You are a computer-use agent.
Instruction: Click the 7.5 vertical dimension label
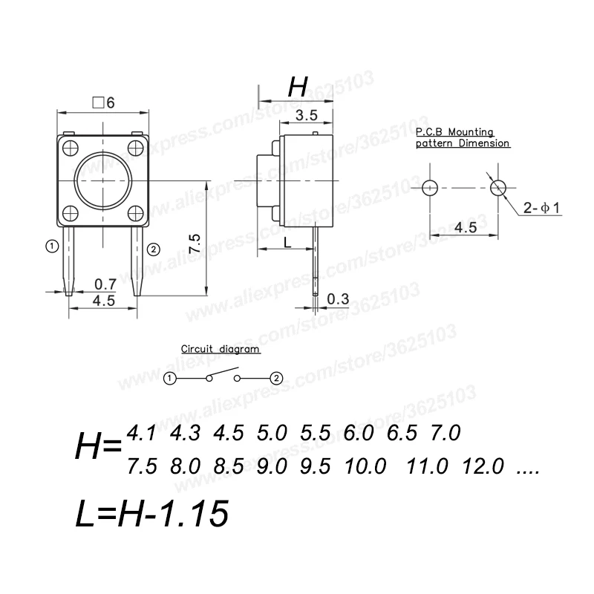coord(195,244)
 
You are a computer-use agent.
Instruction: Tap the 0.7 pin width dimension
coord(105,284)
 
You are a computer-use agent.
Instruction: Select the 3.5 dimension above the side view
coord(307,115)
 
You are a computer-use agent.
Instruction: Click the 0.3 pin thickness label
coord(338,299)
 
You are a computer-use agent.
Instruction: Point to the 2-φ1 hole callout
coord(541,208)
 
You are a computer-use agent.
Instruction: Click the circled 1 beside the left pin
coord(52,247)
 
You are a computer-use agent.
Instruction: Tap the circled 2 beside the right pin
coord(154,249)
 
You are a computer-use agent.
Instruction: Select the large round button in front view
coord(103,180)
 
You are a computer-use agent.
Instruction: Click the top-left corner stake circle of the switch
coord(70,148)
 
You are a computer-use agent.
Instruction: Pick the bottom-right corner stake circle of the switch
coord(136,214)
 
